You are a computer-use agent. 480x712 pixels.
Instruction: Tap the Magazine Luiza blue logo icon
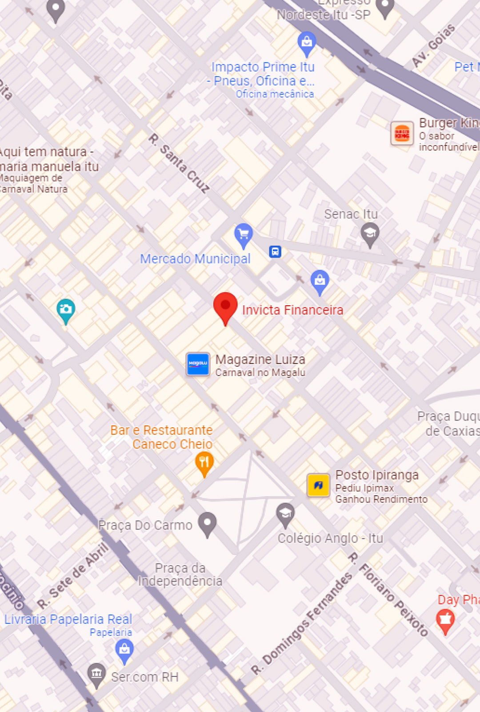click(198, 364)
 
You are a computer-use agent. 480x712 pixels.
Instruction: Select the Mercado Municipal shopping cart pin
click(244, 235)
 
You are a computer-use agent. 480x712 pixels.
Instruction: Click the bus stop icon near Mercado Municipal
click(275, 252)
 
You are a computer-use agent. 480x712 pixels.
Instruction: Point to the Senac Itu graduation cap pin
click(370, 234)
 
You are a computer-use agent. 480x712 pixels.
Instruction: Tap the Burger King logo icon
click(402, 133)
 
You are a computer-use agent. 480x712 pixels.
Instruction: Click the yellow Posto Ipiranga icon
click(318, 485)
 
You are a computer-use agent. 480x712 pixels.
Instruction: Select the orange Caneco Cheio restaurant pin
click(204, 463)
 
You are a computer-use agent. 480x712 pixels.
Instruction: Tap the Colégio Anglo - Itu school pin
click(285, 514)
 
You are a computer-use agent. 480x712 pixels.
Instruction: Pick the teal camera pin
click(66, 309)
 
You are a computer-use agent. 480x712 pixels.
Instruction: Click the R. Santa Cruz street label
click(179, 163)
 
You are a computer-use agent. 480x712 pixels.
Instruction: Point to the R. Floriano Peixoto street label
click(388, 594)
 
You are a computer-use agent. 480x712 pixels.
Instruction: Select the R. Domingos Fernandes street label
click(302, 623)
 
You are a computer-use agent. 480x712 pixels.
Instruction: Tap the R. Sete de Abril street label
click(74, 576)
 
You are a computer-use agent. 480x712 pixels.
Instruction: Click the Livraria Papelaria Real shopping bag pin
click(124, 650)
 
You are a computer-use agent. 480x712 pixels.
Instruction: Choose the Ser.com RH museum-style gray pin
click(96, 674)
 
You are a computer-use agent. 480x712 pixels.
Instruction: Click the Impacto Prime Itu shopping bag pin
click(307, 42)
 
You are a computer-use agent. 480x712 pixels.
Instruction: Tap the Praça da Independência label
click(180, 574)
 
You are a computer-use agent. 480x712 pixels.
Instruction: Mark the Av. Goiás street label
click(433, 46)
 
